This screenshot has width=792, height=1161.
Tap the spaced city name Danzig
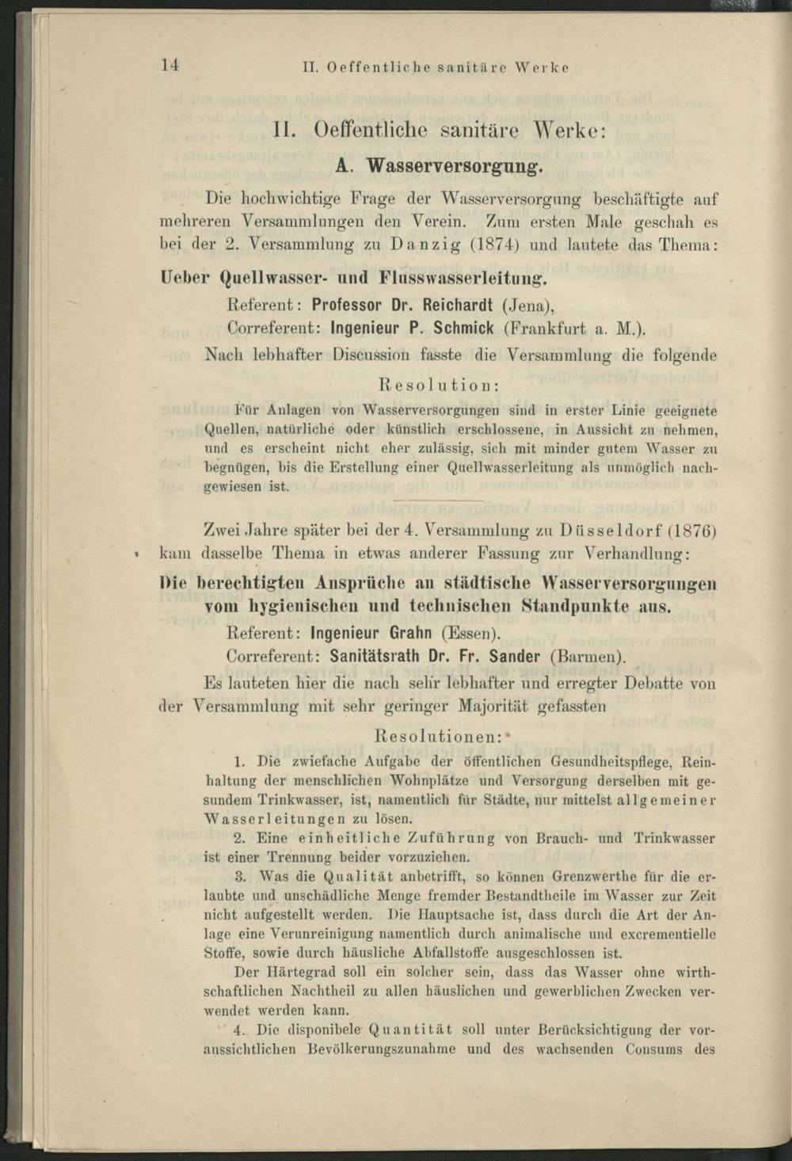425,244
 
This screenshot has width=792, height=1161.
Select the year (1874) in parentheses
495,244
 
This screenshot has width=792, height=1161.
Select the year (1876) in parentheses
692,529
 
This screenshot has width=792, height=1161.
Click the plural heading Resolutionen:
438,735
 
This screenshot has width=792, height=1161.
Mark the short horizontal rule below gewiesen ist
438,501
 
